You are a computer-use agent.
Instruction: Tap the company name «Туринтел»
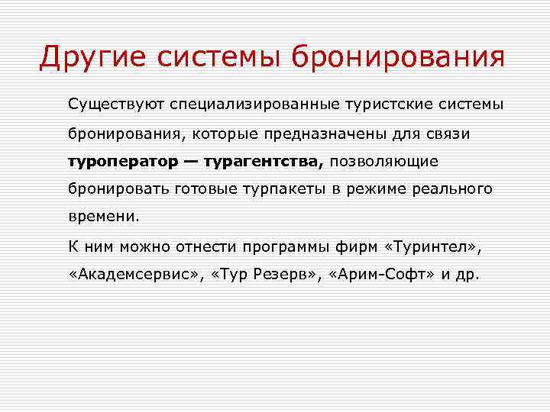tap(432, 246)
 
